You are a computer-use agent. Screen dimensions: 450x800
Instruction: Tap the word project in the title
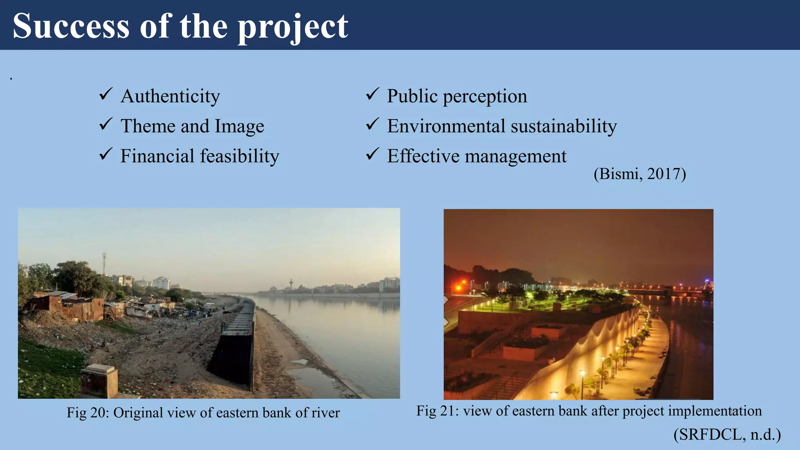pos(293,27)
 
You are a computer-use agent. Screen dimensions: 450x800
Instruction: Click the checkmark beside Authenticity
pos(105,94)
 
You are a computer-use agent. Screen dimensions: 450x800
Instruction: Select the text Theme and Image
pos(192,126)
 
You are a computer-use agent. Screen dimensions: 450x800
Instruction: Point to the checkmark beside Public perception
pos(372,94)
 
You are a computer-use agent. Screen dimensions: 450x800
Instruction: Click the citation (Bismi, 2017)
pos(639,174)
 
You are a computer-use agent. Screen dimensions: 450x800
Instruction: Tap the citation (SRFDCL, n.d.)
pos(727,434)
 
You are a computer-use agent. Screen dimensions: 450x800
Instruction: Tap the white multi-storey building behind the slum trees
pos(161,282)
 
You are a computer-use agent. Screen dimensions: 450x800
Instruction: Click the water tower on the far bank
pos(291,283)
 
